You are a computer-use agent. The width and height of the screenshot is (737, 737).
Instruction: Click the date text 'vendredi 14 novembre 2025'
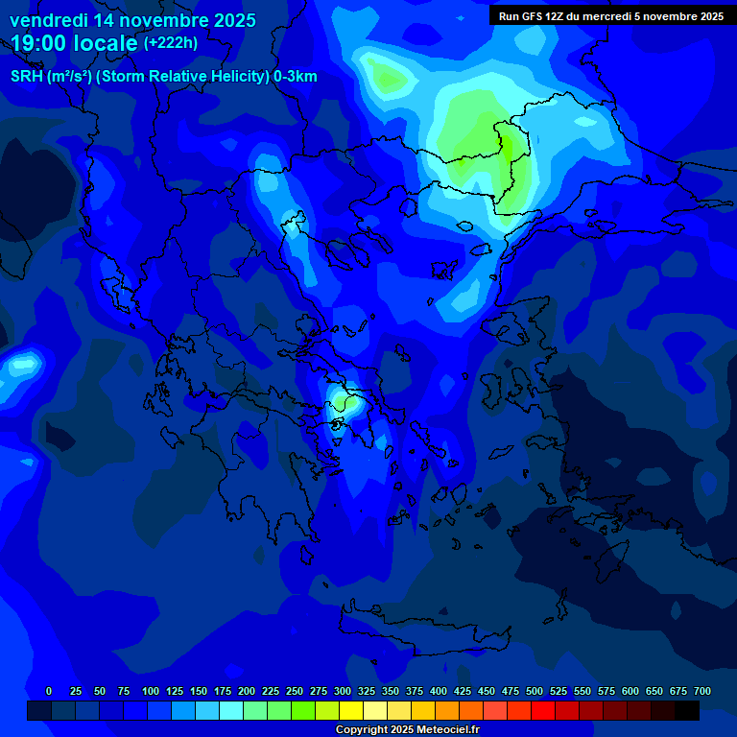coord(132,20)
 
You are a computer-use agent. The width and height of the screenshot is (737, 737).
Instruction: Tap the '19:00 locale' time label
coord(75,43)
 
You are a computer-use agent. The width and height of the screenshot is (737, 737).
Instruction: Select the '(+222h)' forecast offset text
coord(171,43)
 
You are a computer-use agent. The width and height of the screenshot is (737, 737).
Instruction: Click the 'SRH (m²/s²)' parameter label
coord(51,77)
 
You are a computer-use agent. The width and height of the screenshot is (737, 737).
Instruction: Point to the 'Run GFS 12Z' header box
coord(610,15)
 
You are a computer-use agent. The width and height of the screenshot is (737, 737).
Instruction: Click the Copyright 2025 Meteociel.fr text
coord(406,729)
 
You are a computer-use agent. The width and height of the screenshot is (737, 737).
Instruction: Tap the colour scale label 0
coord(49,691)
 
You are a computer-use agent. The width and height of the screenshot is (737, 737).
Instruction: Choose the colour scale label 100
coord(151,691)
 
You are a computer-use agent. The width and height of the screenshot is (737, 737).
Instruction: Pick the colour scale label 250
coord(295,691)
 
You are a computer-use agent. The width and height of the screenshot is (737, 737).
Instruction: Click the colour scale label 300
coord(343,691)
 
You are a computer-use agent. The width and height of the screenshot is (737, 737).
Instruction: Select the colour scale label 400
coord(439,691)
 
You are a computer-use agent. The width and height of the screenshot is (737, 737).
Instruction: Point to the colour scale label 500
coord(535,691)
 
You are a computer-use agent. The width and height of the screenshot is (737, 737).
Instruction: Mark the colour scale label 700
coord(702,691)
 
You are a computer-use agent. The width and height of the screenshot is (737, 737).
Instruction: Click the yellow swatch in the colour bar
coord(350,710)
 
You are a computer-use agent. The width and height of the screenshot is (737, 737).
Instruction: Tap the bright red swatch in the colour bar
coord(542,710)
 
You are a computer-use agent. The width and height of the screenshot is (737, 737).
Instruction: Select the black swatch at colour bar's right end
coord(686,710)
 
